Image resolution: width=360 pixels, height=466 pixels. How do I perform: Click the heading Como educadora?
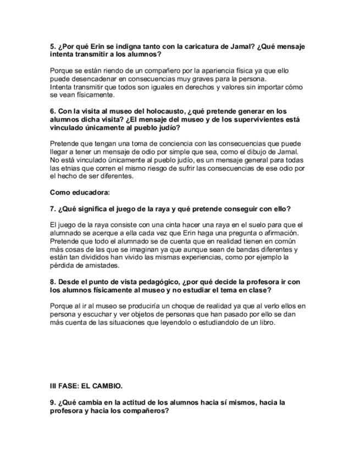point(80,192)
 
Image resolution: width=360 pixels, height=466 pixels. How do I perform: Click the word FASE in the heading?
point(69,386)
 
